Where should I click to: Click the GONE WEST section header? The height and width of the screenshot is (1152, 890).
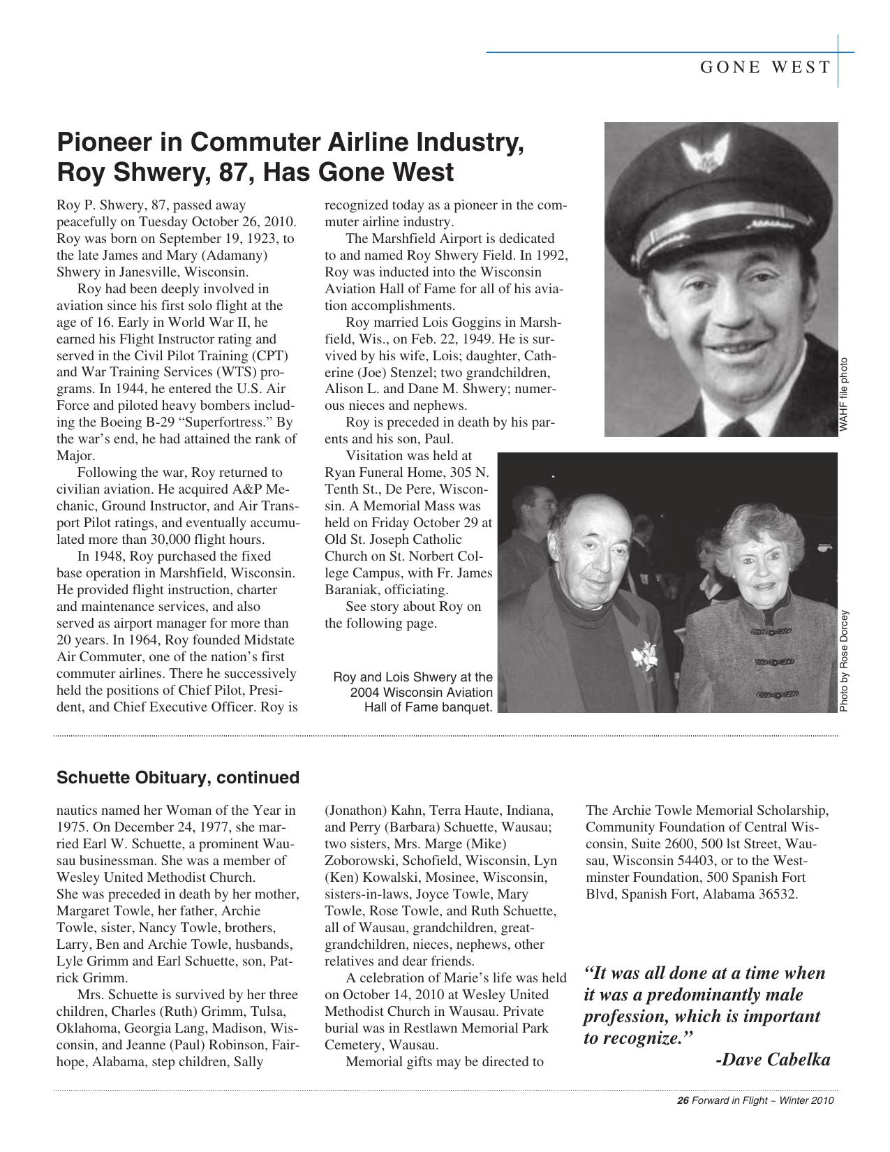pyautogui.click(x=765, y=67)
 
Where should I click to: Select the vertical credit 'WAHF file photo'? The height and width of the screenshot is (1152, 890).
pyautogui.click(x=844, y=394)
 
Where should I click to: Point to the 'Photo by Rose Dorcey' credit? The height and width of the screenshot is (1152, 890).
pyautogui.click(x=844, y=661)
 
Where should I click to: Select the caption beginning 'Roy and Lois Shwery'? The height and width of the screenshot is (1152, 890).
pyautogui.click(x=413, y=692)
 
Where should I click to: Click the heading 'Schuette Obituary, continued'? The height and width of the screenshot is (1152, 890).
pyautogui.click(x=177, y=777)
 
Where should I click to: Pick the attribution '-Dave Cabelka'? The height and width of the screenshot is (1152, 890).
pyautogui.click(x=773, y=1060)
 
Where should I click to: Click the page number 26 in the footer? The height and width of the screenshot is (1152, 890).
pyautogui.click(x=683, y=1101)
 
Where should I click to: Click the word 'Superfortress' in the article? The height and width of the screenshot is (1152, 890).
pyautogui.click(x=230, y=422)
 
